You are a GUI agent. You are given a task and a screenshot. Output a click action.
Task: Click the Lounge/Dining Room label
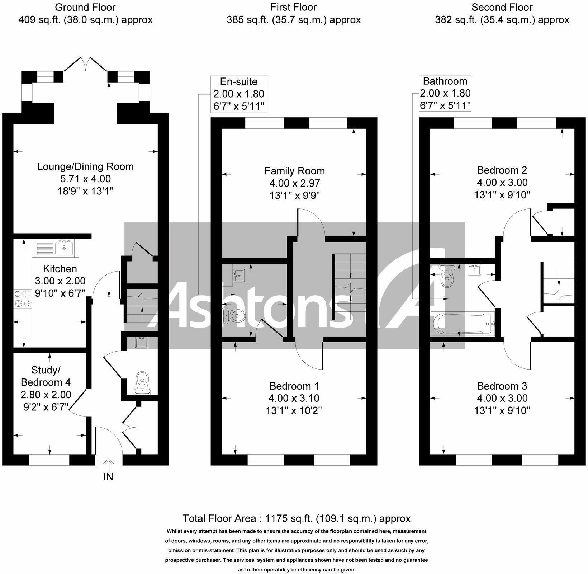[x=85, y=166]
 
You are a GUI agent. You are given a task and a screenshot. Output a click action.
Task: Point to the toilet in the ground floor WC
[x=142, y=383]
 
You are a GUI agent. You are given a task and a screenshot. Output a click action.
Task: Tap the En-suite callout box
[x=238, y=94]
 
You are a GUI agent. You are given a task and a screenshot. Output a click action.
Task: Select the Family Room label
[x=294, y=171]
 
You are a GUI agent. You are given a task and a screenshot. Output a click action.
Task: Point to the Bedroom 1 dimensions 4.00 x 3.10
[x=294, y=398]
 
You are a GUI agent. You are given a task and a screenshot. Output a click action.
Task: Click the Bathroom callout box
[x=445, y=93]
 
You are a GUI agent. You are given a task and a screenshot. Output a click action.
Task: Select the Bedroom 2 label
[x=502, y=170]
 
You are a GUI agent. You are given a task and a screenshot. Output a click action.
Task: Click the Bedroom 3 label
[x=502, y=386]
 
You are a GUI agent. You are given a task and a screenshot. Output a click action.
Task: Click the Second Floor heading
[x=502, y=7]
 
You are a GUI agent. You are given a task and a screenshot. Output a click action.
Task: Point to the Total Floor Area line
[x=297, y=518]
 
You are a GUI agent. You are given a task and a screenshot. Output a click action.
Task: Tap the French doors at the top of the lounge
[x=85, y=65]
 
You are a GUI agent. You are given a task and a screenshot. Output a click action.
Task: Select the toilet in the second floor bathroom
[x=446, y=276]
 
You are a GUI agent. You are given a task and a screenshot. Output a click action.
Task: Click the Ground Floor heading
[x=85, y=7]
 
